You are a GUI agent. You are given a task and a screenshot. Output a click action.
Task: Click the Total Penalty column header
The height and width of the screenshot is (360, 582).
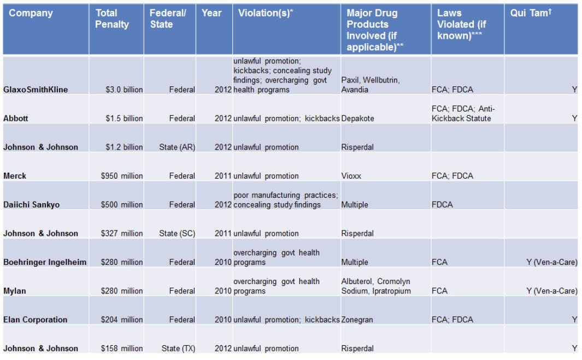coord(112,19)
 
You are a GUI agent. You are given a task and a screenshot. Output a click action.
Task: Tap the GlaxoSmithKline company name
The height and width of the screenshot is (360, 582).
coord(36,90)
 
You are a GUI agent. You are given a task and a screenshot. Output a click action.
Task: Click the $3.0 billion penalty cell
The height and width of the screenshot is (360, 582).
coord(124,90)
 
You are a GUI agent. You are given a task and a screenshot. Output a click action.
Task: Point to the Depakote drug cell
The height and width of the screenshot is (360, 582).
coord(357,119)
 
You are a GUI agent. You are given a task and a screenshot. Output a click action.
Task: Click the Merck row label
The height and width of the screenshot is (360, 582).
coord(15,176)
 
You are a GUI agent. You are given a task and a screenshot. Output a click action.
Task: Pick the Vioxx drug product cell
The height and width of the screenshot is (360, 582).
coord(351,176)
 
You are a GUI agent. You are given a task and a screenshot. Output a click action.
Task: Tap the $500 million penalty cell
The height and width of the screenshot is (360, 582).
coord(122,205)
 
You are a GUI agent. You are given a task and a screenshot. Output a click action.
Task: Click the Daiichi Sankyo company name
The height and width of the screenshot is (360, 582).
coord(32,205)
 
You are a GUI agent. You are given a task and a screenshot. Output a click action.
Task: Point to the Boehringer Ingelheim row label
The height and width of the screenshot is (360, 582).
coord(45,262)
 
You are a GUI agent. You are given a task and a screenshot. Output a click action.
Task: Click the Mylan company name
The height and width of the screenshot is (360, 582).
coord(15,291)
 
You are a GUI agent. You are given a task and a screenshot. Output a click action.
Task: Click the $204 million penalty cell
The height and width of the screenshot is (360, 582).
coord(122,320)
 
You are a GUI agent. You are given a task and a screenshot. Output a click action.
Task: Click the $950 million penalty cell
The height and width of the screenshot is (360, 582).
coord(122,176)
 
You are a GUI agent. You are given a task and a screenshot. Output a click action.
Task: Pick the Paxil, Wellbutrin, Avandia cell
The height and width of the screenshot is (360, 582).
coord(371,85)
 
